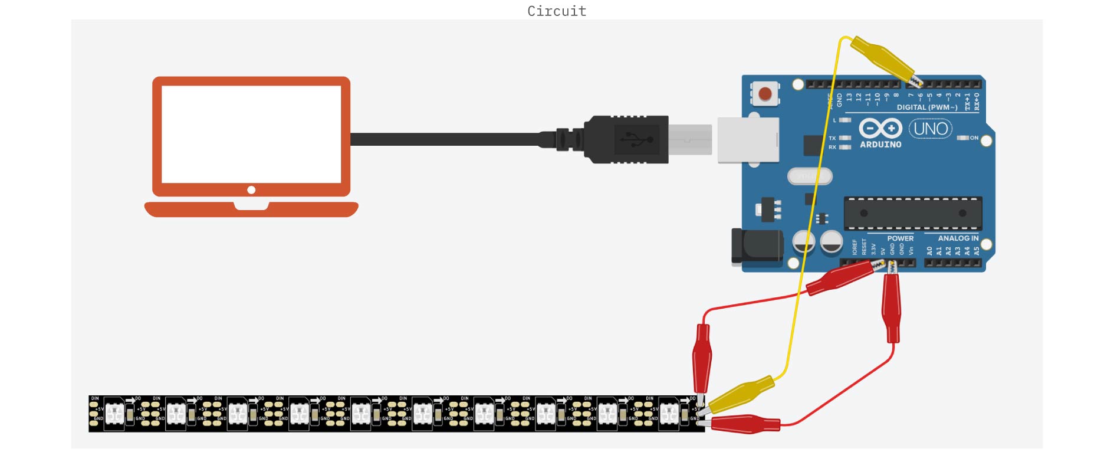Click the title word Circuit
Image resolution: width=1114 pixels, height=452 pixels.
(557, 11)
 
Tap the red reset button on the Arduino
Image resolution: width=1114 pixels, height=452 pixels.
(765, 94)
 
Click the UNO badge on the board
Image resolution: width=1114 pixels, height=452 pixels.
(931, 129)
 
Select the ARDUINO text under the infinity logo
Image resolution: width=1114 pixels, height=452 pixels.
(880, 145)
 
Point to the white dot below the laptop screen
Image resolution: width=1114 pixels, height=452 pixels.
(251, 190)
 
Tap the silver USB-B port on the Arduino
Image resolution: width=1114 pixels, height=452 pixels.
(748, 140)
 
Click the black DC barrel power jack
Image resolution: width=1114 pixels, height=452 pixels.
(757, 245)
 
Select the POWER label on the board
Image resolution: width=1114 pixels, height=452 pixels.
(900, 238)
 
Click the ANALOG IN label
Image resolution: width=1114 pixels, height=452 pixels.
(958, 238)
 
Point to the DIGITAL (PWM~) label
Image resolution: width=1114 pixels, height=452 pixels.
(926, 107)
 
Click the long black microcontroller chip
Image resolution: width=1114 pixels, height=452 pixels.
(913, 213)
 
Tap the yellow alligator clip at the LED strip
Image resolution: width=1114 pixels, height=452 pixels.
(742, 394)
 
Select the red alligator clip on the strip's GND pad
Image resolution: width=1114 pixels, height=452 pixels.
(745, 424)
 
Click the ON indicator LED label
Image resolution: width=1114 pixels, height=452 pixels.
(974, 138)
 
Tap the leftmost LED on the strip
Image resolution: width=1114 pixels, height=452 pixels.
(114, 414)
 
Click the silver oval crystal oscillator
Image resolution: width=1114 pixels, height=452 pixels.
(810, 176)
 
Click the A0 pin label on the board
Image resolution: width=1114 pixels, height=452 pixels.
(929, 251)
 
